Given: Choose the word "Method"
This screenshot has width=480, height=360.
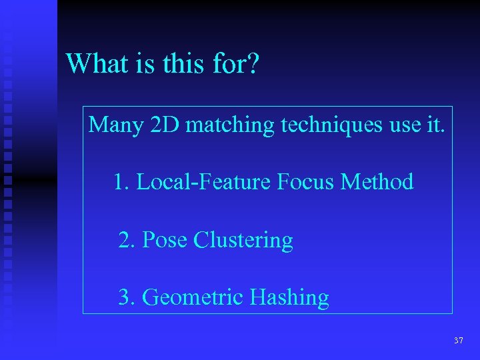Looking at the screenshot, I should click(377, 182).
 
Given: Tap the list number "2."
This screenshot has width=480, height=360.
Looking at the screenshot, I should click(127, 240).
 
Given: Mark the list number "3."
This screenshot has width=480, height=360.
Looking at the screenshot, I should click(127, 297).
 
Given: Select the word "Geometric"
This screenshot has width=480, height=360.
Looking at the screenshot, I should click(193, 297).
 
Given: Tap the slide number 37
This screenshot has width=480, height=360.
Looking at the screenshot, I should click(458, 341).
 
